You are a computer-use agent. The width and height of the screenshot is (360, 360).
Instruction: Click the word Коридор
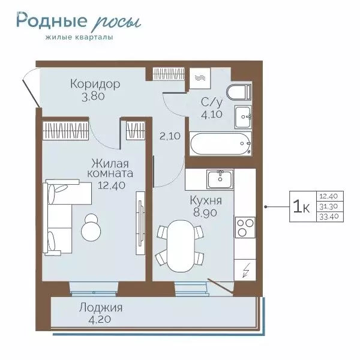pos(95,83)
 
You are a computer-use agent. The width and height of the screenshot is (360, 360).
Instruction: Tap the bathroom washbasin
pos(243,115)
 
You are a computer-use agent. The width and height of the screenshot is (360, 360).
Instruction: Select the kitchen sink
pos(220,178)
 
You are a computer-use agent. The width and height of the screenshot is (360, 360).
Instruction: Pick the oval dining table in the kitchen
pos(180,245)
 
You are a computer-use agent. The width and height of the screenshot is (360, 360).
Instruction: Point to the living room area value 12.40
pos(112,185)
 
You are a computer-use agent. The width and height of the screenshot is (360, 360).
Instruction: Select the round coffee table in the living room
pos(92,226)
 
